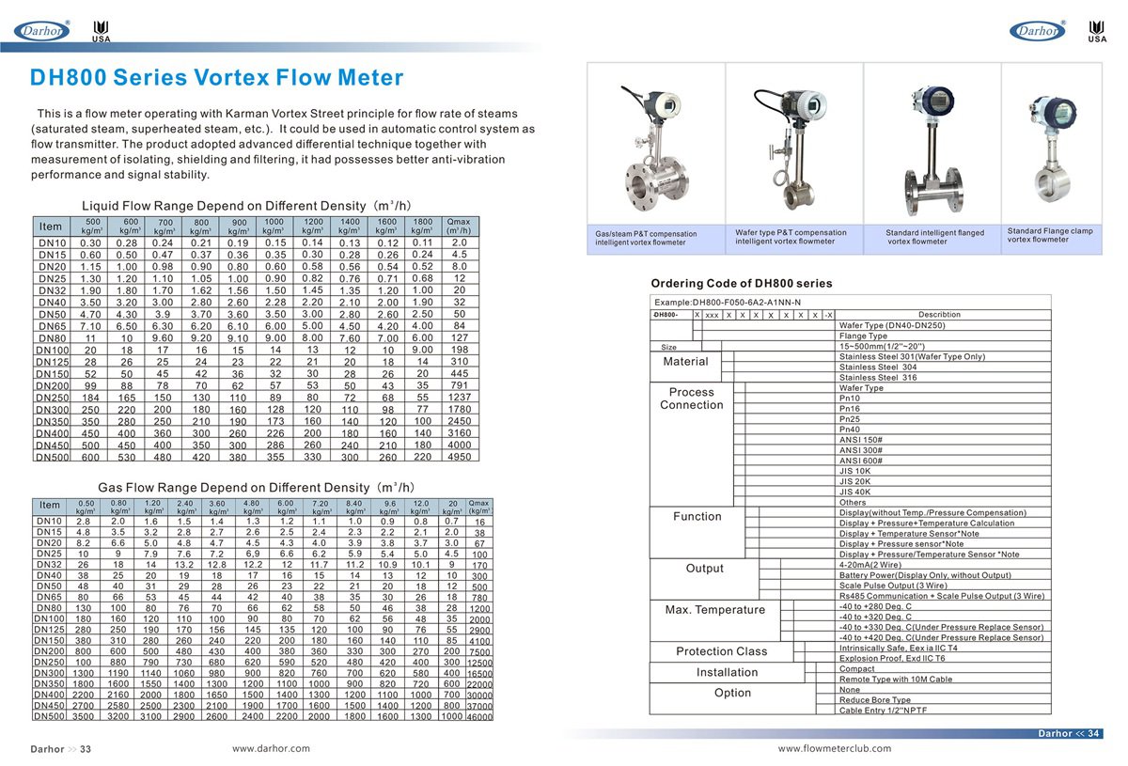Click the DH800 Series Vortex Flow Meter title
[217, 78]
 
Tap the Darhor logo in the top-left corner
[42, 32]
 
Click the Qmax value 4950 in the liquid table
[459, 456]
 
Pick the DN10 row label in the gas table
[49, 521]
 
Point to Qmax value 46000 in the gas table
[479, 716]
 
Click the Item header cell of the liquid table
[51, 227]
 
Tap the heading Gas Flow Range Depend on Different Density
[256, 488]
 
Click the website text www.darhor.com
[271, 748]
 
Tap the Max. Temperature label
[704, 610]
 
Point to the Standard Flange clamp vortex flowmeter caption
[1050, 235]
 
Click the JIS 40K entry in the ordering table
[854, 492]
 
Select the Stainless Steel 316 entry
[877, 377]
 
